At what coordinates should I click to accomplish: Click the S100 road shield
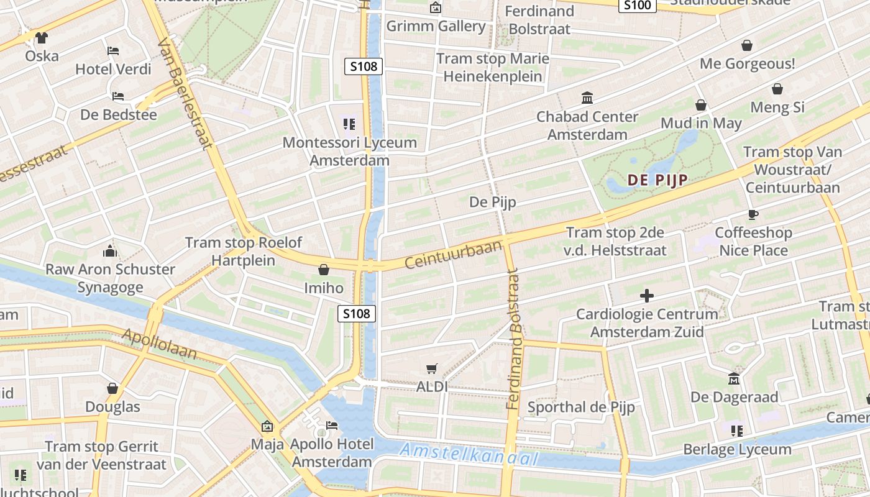(x=638, y=6)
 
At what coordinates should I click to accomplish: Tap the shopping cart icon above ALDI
(x=432, y=368)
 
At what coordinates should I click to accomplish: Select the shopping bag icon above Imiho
(x=323, y=270)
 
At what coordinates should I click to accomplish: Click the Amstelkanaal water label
(x=468, y=454)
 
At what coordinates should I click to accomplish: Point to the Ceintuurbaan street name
(x=453, y=255)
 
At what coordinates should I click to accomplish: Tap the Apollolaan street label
(x=160, y=345)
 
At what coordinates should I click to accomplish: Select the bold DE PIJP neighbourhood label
(x=657, y=180)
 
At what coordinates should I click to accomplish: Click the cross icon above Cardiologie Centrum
(x=647, y=296)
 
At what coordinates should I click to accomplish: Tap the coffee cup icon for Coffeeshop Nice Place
(x=753, y=215)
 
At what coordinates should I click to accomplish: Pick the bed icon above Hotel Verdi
(x=113, y=51)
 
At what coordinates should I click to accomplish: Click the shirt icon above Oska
(x=42, y=38)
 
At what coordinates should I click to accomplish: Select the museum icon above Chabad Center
(x=587, y=98)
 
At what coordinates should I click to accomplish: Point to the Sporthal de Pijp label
(x=580, y=408)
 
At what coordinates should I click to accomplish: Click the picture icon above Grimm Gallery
(x=436, y=8)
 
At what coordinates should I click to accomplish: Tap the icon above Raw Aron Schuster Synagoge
(x=110, y=251)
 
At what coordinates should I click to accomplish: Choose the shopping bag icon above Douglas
(x=112, y=389)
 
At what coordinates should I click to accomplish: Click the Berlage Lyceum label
(x=737, y=449)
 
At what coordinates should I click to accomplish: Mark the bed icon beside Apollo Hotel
(x=332, y=426)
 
